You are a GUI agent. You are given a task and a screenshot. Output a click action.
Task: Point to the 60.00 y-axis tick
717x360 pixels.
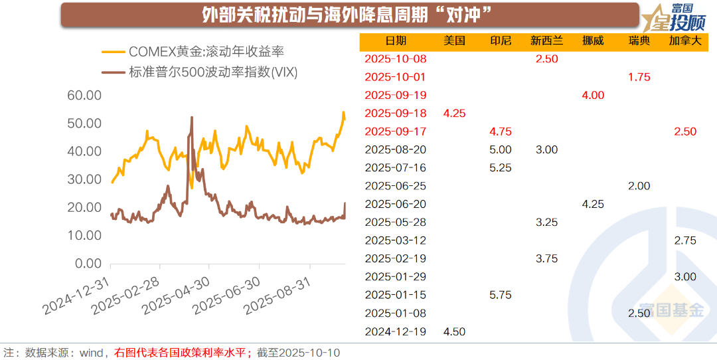(84, 96)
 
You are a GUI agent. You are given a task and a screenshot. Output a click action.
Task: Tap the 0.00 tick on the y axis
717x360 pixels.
(88, 264)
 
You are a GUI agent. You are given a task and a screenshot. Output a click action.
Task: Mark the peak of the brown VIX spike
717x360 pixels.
(192, 118)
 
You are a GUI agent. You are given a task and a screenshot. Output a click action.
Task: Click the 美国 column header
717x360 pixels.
(454, 41)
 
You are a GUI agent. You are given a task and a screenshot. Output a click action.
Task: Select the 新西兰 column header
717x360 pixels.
(546, 41)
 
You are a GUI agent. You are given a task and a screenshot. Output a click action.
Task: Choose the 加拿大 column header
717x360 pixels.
(685, 41)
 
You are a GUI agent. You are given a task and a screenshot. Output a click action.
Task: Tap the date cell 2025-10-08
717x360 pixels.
(396, 58)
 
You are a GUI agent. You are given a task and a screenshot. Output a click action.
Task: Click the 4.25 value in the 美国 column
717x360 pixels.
(454, 113)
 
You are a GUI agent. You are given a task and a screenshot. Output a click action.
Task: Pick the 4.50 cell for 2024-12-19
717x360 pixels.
(454, 331)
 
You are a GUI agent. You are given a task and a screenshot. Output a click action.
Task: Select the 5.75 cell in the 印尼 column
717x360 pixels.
(500, 294)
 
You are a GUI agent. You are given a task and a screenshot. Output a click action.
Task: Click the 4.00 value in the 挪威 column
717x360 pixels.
(593, 95)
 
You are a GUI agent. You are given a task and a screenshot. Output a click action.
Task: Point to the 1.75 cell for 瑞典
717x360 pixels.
(639, 77)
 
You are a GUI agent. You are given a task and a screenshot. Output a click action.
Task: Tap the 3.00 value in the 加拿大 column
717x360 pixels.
(685, 276)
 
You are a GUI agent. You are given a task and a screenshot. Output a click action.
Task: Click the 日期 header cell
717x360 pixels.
(396, 41)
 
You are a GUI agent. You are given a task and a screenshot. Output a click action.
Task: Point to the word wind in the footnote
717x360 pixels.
(91, 352)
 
